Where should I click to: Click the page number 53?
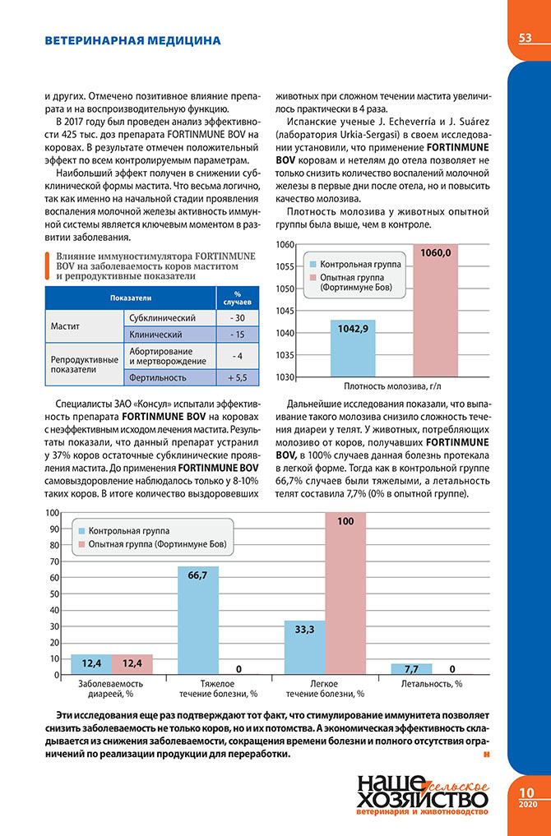(524, 39)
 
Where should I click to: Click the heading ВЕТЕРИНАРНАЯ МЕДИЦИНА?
(132, 39)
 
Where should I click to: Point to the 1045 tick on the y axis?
(285, 311)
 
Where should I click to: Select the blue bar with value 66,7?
(198, 620)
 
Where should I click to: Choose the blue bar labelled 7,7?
(400, 668)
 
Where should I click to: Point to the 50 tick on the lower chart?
(54, 594)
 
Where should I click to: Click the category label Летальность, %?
(431, 683)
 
